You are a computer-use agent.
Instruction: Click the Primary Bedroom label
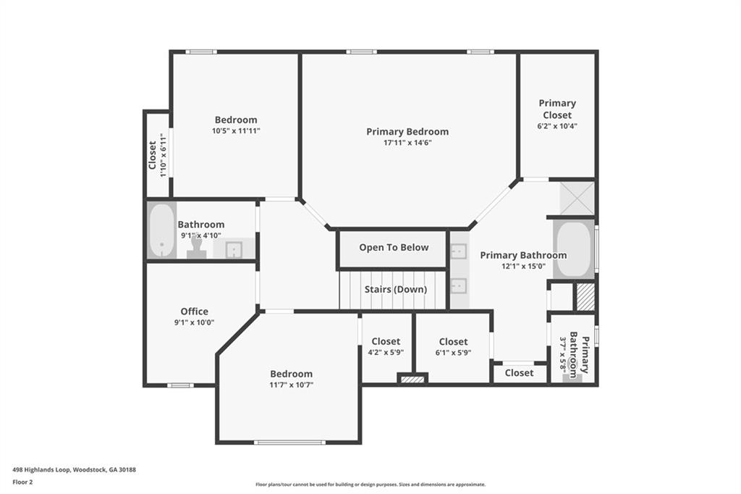[x=407, y=131]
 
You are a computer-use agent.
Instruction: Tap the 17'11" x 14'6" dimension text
[x=407, y=143]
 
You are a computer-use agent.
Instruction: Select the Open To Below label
[x=394, y=247]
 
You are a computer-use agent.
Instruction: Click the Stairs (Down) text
[x=393, y=289]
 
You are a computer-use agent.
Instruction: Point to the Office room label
[x=194, y=311]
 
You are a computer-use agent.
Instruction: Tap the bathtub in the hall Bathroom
[x=162, y=230]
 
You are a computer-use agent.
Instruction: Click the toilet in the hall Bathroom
[x=196, y=251]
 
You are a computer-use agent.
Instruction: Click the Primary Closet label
[x=557, y=109]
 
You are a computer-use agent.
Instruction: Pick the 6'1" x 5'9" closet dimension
[x=453, y=352]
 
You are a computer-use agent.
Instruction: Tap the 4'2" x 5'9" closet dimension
[x=386, y=352]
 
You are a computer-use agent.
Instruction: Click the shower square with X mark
[x=577, y=198]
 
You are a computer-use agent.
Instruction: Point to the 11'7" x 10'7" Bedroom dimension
[x=292, y=385]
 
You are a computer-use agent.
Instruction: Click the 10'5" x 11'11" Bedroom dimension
[x=236, y=131]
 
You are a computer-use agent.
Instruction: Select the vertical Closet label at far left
[x=153, y=154]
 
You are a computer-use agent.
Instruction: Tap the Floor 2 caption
[x=22, y=481]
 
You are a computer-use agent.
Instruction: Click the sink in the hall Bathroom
[x=233, y=250]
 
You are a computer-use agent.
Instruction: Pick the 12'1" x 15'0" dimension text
[x=523, y=266]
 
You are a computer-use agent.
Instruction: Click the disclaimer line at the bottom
[x=370, y=485]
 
